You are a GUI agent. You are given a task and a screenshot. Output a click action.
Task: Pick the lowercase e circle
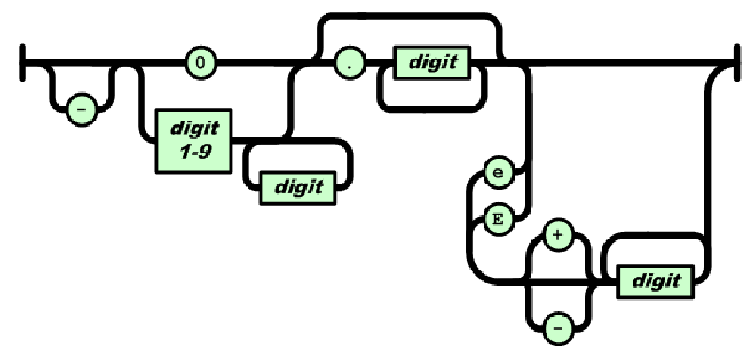[x=495, y=174]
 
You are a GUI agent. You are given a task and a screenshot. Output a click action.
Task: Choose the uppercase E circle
[x=495, y=217]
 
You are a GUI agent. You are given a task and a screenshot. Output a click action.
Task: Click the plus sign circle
[x=557, y=239]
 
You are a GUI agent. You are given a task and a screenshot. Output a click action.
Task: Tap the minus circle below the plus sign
[x=557, y=325]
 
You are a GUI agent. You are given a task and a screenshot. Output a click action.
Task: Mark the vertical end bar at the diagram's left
[x=21, y=63]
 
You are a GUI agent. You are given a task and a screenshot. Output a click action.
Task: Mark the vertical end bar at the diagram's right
[x=735, y=63]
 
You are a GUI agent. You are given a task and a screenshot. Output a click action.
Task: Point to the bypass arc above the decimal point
[x=408, y=19]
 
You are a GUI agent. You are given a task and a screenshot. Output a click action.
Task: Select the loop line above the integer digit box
[x=297, y=142]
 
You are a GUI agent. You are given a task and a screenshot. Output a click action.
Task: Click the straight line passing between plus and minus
[x=557, y=281]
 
